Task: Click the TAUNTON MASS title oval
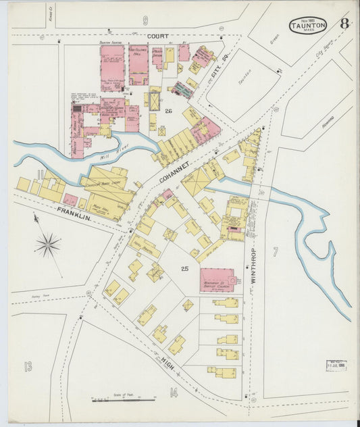[308, 26]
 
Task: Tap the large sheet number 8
[344, 24]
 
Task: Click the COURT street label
[158, 36]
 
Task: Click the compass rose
[47, 245]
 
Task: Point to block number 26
[169, 111]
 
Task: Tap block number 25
[184, 269]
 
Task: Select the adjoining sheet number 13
[28, 367]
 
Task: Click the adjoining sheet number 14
[174, 392]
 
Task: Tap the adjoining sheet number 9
[145, 20]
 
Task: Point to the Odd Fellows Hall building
[138, 64]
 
